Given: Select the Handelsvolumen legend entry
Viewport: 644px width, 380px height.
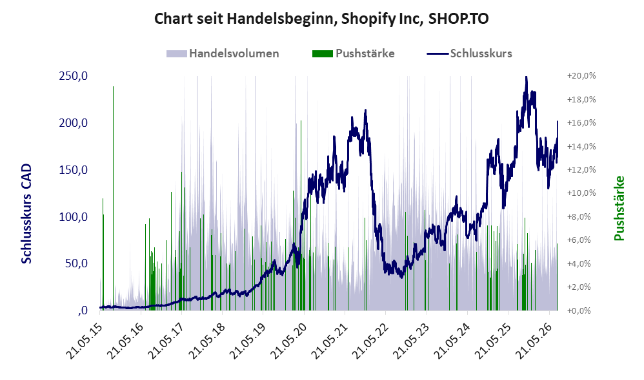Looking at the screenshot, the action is click(x=223, y=53).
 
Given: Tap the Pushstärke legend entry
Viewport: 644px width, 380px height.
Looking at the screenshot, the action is click(x=353, y=53).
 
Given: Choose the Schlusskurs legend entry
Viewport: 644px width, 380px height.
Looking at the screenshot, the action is click(x=469, y=53).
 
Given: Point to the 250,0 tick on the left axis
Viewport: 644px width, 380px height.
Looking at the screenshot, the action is click(x=73, y=76).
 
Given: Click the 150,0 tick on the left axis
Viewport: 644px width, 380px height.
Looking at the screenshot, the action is click(x=73, y=169).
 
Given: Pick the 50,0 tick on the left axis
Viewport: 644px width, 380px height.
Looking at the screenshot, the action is click(x=76, y=263).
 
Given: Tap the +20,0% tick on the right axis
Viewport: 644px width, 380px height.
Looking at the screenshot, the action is click(x=581, y=76).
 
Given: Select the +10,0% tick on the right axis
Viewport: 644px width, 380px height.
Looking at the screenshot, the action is click(x=581, y=193).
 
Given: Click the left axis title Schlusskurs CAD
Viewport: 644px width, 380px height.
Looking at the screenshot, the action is click(x=26, y=214).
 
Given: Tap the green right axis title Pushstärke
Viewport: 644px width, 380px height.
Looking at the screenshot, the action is click(x=619, y=208).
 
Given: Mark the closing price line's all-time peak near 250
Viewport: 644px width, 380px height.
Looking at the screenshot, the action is click(x=526, y=77).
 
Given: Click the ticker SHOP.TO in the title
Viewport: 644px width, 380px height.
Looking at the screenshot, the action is click(x=458, y=19).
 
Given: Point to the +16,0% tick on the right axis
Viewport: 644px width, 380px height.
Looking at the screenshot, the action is click(x=581, y=123).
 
